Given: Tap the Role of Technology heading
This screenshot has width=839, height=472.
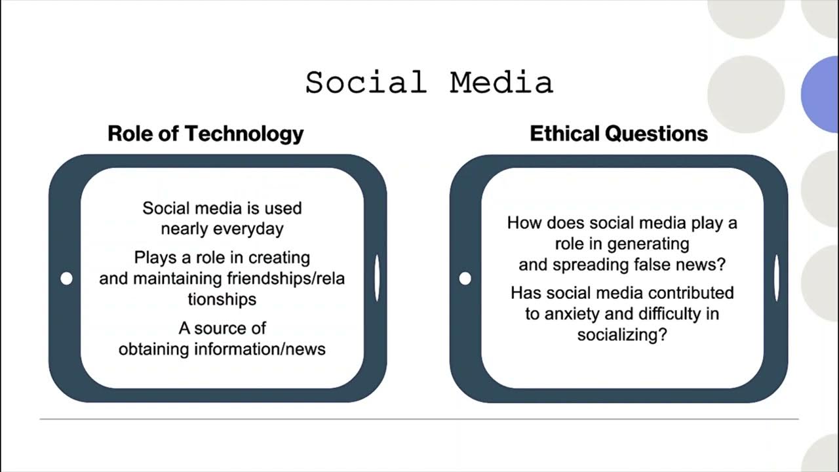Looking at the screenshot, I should click(206, 134).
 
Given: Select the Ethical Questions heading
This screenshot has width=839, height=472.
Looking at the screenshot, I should click(619, 134).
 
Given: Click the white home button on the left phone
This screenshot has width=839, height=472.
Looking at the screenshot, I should click(66, 279).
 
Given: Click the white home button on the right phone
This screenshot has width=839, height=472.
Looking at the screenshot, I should click(465, 279).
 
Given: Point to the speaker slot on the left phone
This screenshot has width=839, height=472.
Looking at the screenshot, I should click(377, 279).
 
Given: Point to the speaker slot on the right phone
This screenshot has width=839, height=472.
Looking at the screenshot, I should click(777, 279).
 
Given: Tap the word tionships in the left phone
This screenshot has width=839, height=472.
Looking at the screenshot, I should click(222, 299).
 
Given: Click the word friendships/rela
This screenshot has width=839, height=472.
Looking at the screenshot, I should click(286, 278).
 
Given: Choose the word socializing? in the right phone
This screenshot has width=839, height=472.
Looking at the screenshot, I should click(622, 334).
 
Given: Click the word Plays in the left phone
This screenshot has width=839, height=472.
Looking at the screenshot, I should click(156, 257).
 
